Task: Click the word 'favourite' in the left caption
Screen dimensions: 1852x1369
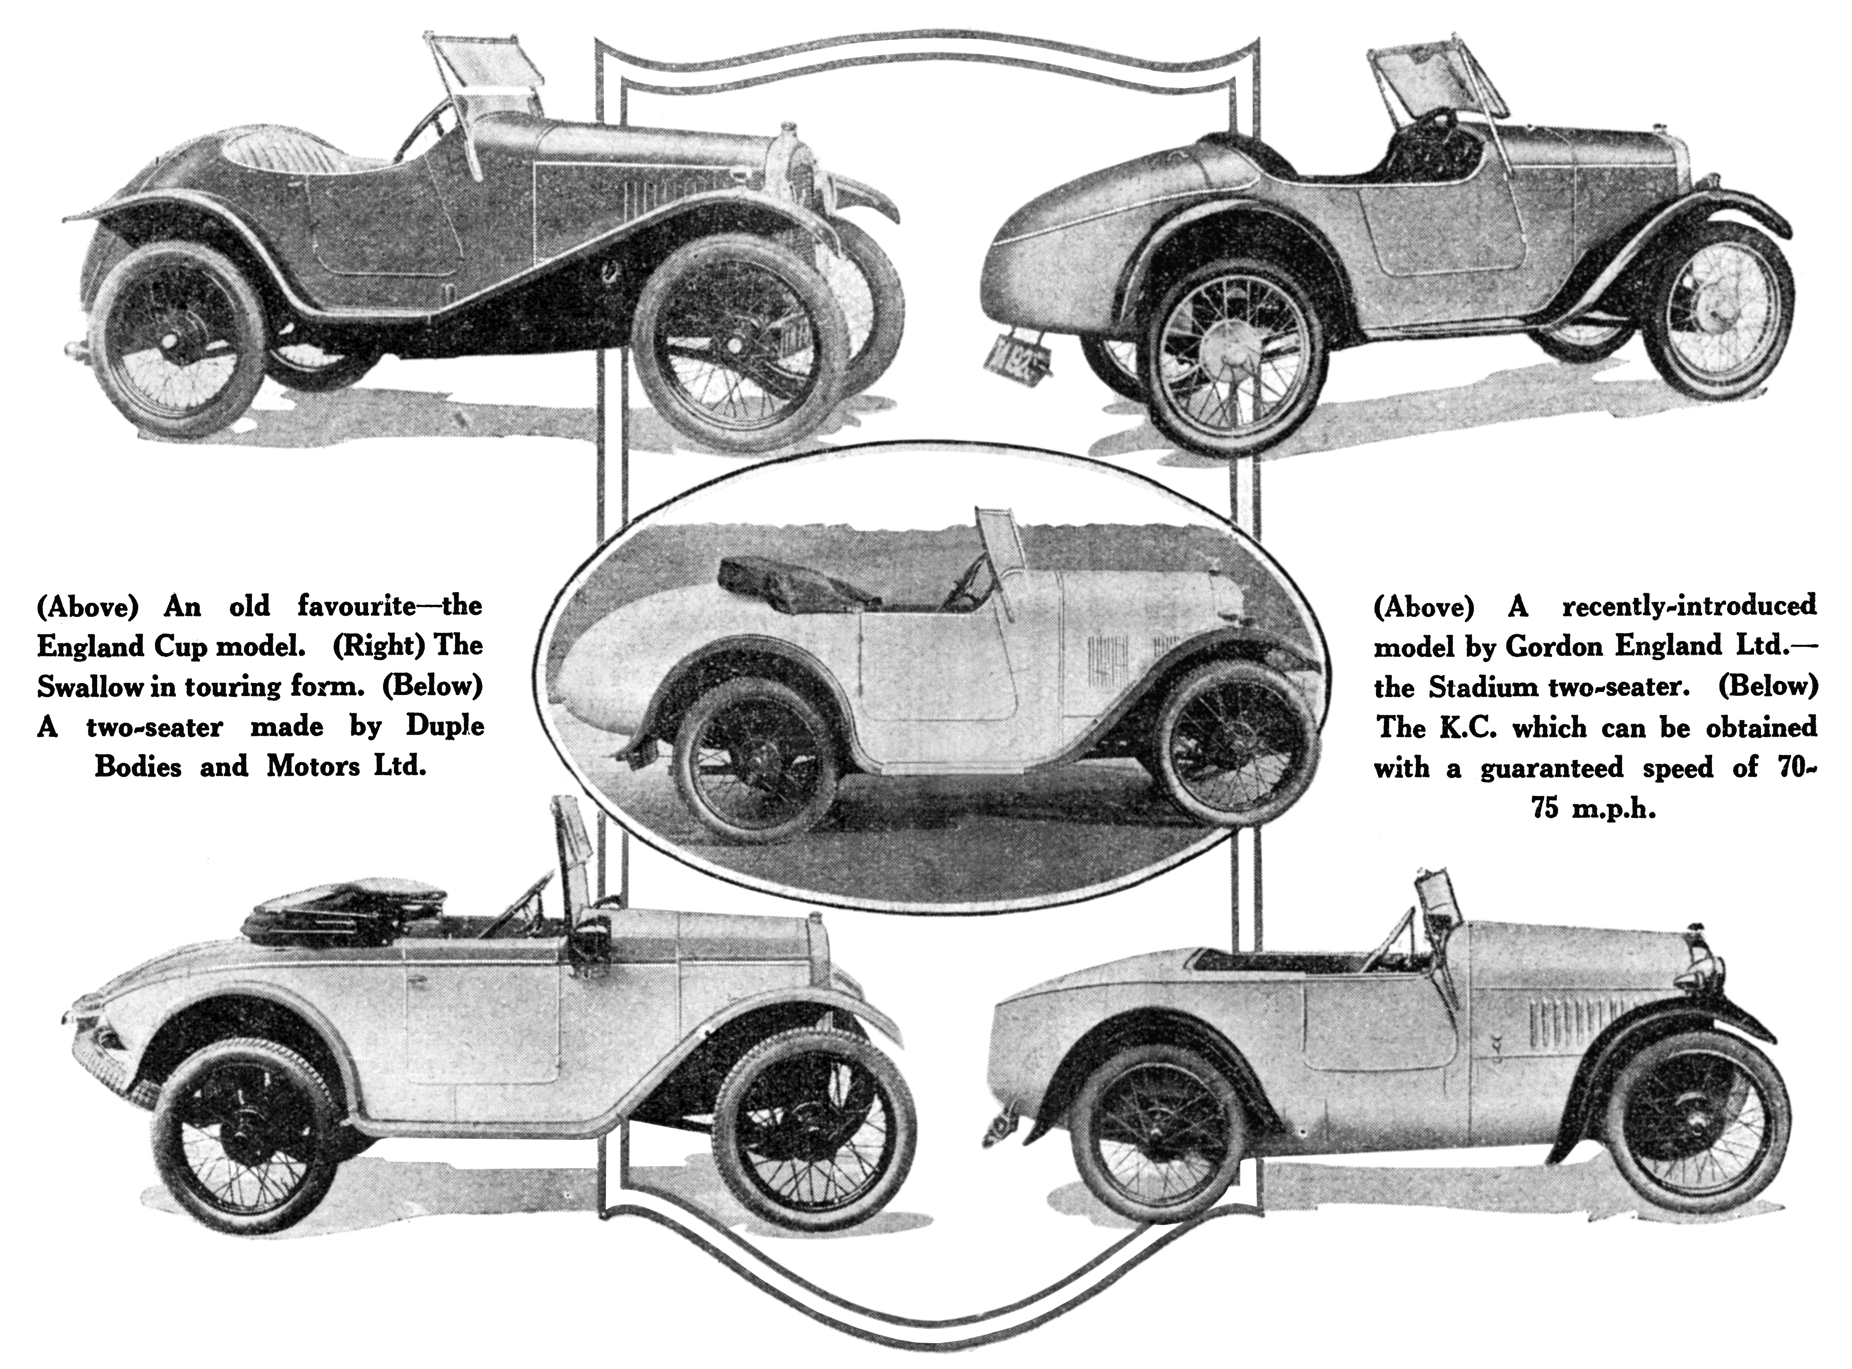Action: (x=356, y=607)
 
